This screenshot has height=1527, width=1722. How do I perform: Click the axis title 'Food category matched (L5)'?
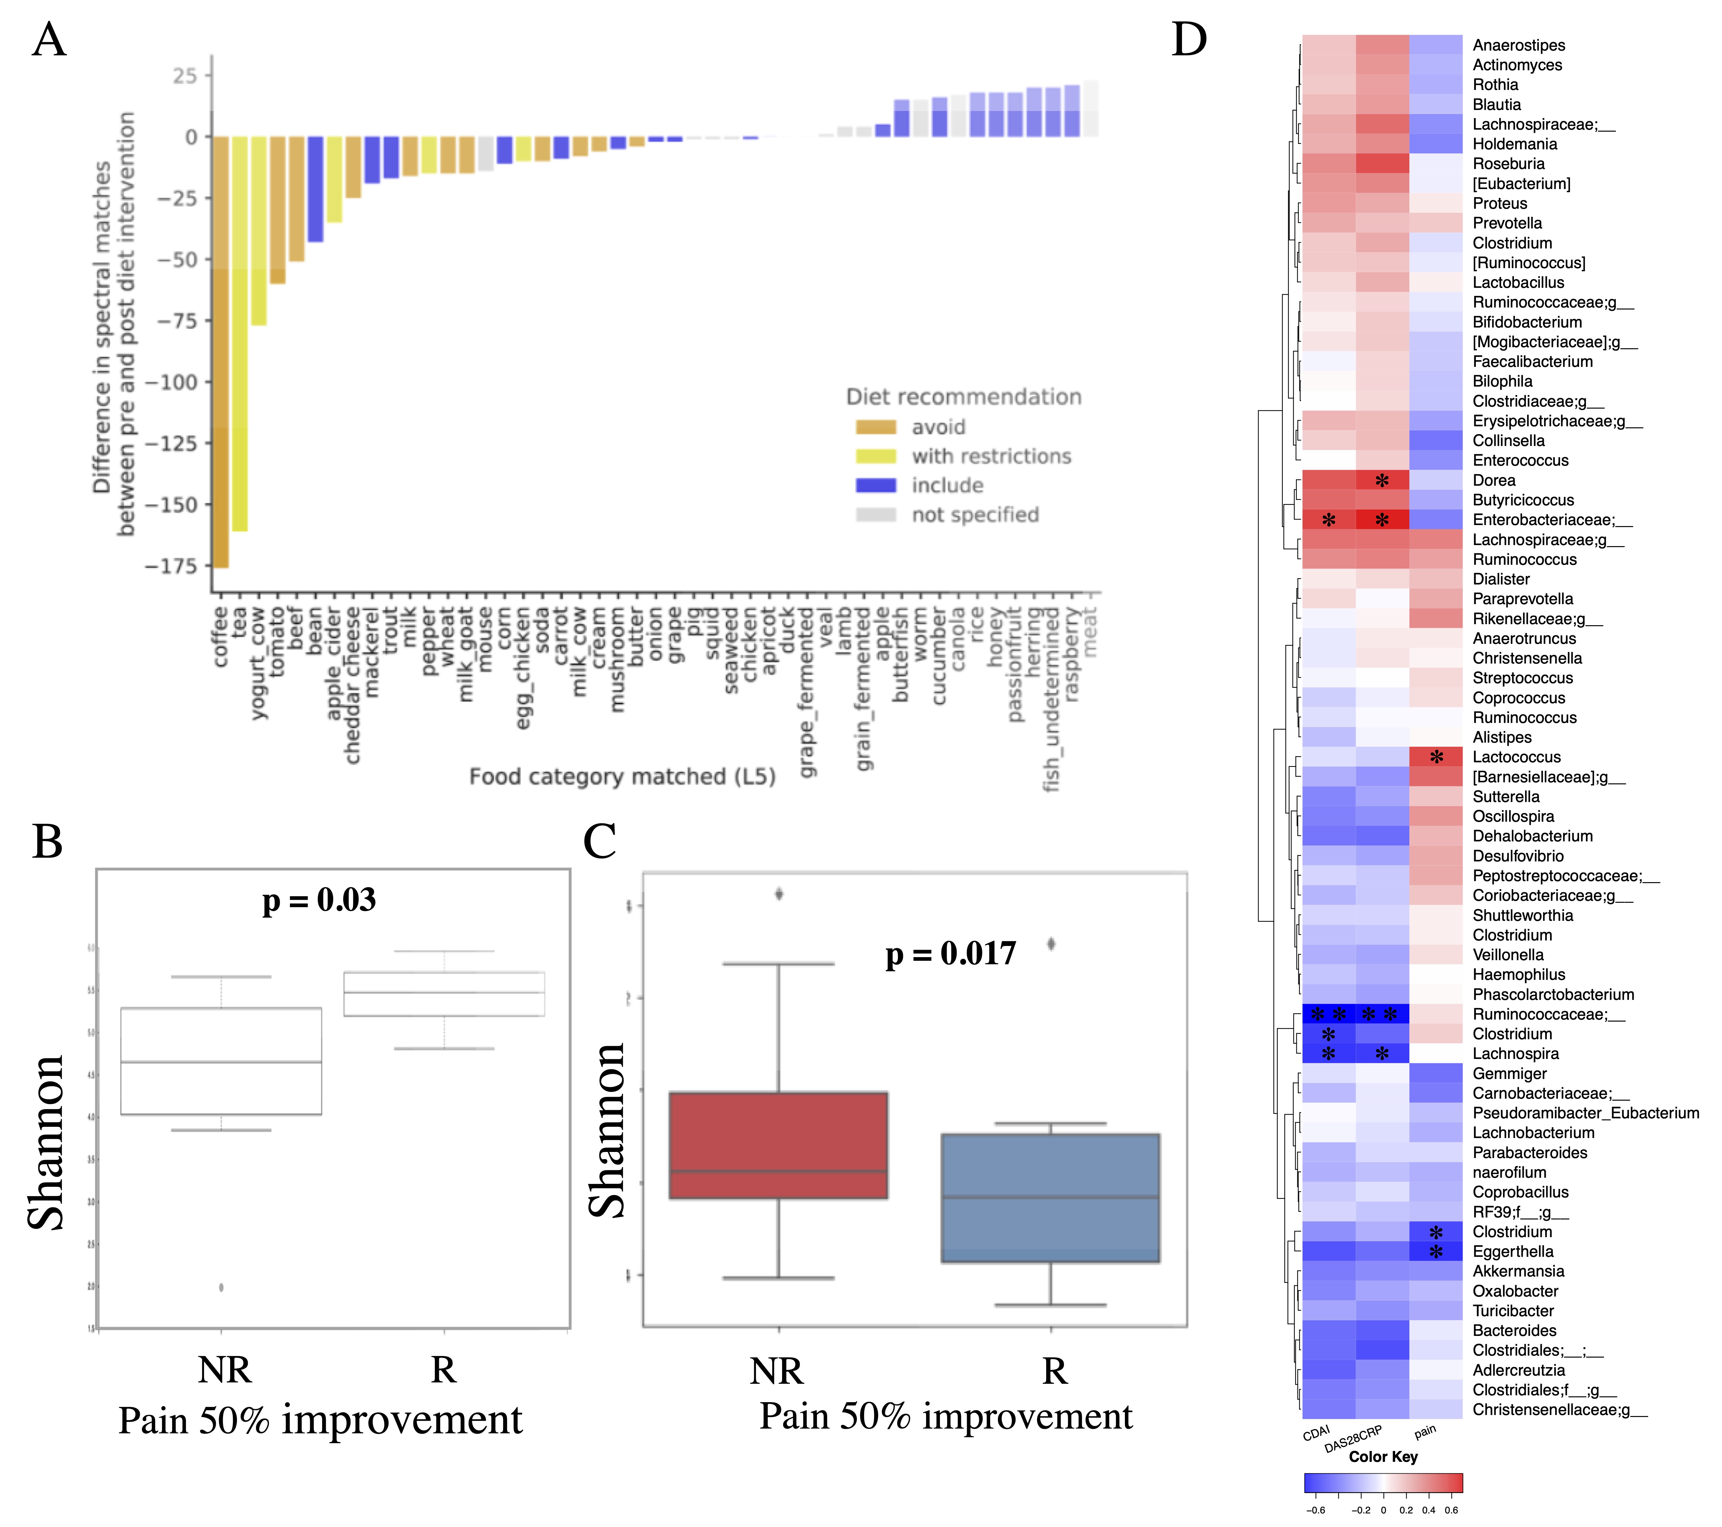(x=622, y=777)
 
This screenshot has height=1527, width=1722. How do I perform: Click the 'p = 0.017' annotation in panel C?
(x=950, y=953)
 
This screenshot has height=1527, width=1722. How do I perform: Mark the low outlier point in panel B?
(x=222, y=1287)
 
